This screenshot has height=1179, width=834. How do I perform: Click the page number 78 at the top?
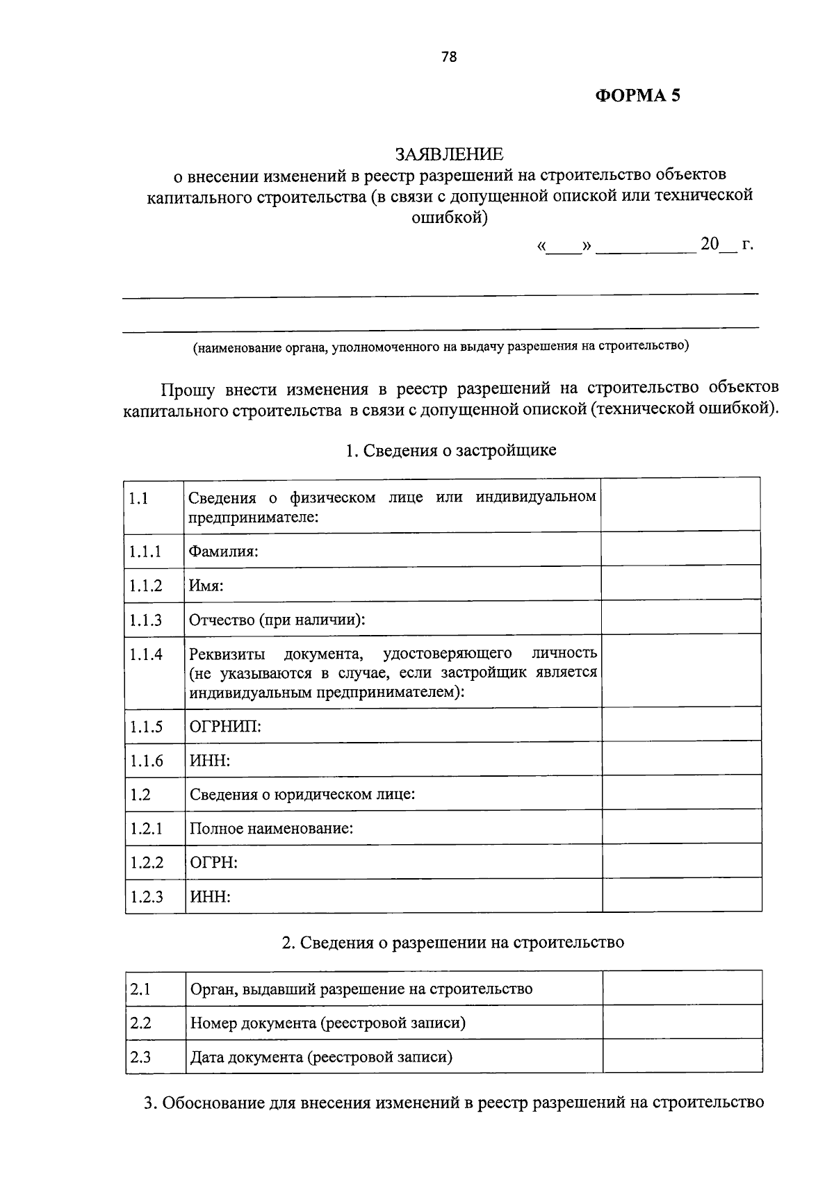pyautogui.click(x=449, y=58)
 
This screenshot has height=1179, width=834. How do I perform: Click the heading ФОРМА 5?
pyautogui.click(x=637, y=96)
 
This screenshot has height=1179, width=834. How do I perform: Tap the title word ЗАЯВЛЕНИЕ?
pyautogui.click(x=449, y=153)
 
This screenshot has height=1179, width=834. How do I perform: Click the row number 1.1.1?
pyautogui.click(x=145, y=552)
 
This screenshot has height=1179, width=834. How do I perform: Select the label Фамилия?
pyautogui.click(x=224, y=552)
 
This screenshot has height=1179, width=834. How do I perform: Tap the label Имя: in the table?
pyautogui.click(x=206, y=586)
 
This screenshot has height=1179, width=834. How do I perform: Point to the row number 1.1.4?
pyautogui.click(x=146, y=654)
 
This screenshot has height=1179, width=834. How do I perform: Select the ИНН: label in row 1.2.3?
pyautogui.click(x=210, y=896)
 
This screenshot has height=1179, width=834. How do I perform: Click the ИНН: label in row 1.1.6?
pyautogui.click(x=210, y=761)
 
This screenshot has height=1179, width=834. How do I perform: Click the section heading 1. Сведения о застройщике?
pyautogui.click(x=451, y=450)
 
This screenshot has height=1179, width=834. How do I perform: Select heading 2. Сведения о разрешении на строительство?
pyautogui.click(x=452, y=942)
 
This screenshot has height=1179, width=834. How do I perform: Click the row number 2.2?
pyautogui.click(x=140, y=1023)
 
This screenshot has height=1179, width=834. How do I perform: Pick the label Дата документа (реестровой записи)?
pyautogui.click(x=321, y=1057)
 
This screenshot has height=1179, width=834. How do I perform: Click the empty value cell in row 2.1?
pyautogui.click(x=682, y=989)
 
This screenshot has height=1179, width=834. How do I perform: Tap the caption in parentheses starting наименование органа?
pyautogui.click(x=441, y=346)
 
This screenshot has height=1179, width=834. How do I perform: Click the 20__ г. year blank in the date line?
pyautogui.click(x=726, y=245)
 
